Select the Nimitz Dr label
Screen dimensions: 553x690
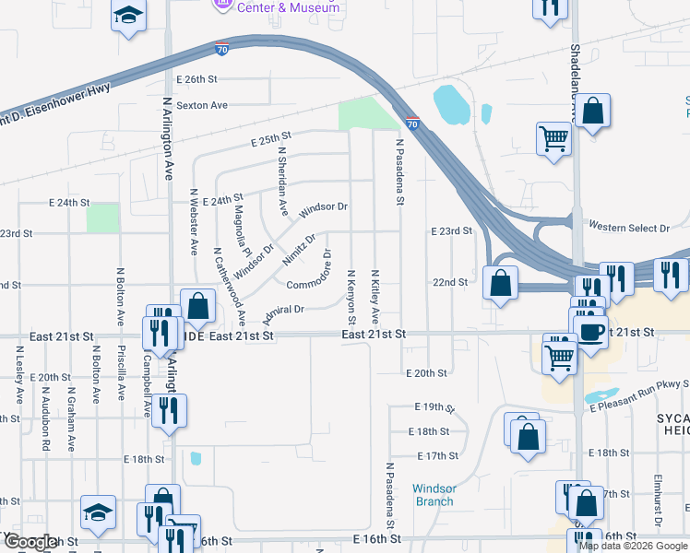point(299,249)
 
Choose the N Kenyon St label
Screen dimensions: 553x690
point(351,297)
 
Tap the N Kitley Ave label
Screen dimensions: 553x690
point(375,297)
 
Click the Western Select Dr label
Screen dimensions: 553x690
point(628,228)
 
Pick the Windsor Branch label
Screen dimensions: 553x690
point(434,495)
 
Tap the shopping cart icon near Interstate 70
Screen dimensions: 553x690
point(553,139)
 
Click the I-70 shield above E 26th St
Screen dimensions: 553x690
point(222,49)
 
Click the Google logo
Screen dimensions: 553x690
point(30,542)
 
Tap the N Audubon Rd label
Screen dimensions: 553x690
point(46,425)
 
